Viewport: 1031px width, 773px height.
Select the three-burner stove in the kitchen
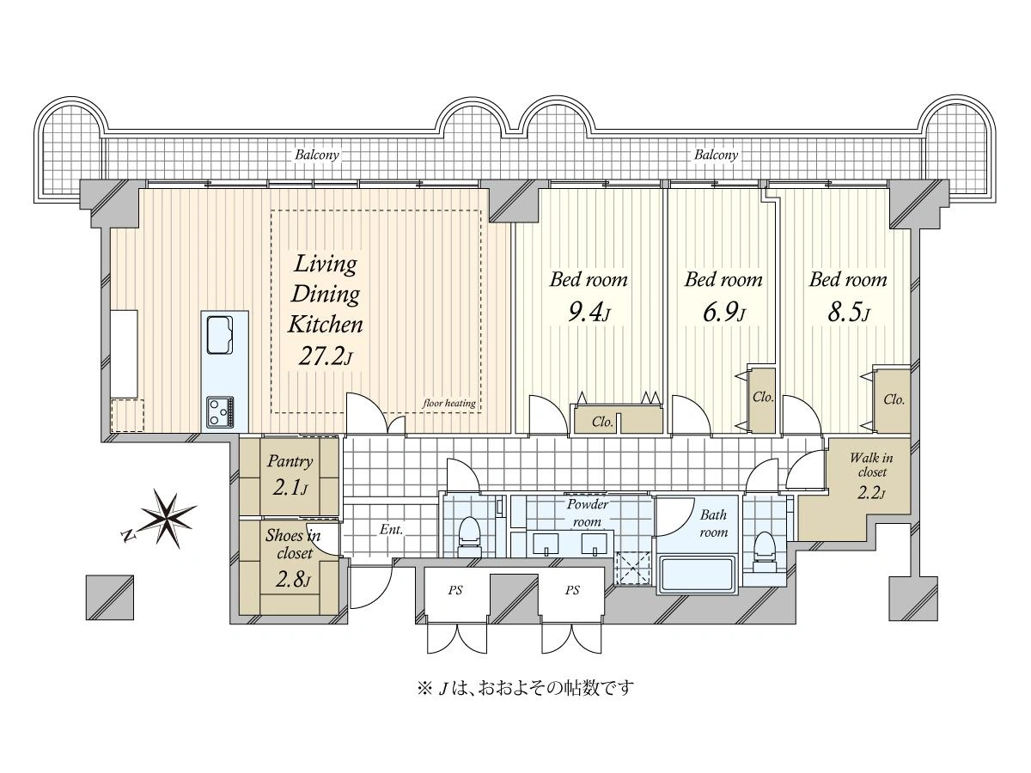tap(221, 411)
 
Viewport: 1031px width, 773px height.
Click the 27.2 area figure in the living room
tap(325, 356)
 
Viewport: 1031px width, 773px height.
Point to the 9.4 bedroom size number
tap(589, 312)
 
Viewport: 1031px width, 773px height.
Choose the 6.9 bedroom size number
tap(723, 312)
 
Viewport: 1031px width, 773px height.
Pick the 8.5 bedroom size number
tap(848, 312)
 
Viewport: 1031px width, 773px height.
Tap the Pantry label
tap(290, 461)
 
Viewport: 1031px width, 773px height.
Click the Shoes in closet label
tap(293, 544)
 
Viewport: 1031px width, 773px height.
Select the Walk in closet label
tap(872, 464)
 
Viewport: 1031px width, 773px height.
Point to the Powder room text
tap(587, 513)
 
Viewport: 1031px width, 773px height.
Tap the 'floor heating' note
tap(449, 403)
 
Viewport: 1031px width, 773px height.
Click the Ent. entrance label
tap(391, 529)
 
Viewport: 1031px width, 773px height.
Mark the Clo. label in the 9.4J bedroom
tap(602, 422)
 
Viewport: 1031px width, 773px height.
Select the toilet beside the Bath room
tap(765, 551)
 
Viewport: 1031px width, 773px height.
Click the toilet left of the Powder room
tap(469, 537)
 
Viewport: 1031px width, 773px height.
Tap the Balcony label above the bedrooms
tap(716, 155)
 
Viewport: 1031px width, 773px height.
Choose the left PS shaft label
tap(455, 590)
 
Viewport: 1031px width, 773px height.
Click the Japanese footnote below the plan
tap(526, 688)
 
